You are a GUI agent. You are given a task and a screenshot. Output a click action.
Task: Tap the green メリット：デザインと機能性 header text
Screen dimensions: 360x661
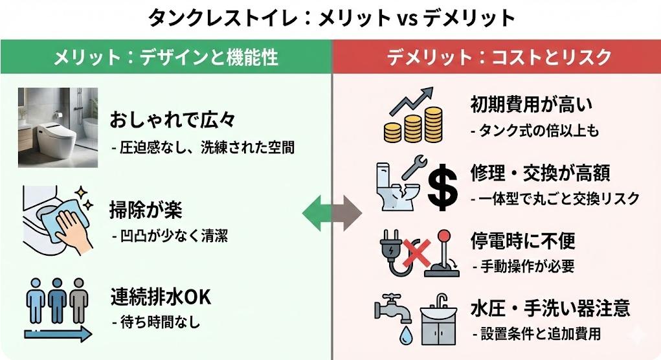tap(166, 58)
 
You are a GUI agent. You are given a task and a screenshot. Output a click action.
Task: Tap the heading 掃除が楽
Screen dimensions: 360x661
tap(146, 210)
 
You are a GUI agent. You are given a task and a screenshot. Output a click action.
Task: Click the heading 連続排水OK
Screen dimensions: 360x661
tap(161, 298)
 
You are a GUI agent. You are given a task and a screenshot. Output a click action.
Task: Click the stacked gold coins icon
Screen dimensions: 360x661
tap(412, 126)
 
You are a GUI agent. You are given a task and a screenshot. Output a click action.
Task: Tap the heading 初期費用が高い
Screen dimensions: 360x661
tap(532, 104)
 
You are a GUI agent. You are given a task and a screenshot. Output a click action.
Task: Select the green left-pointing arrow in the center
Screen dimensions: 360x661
tap(316, 212)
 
